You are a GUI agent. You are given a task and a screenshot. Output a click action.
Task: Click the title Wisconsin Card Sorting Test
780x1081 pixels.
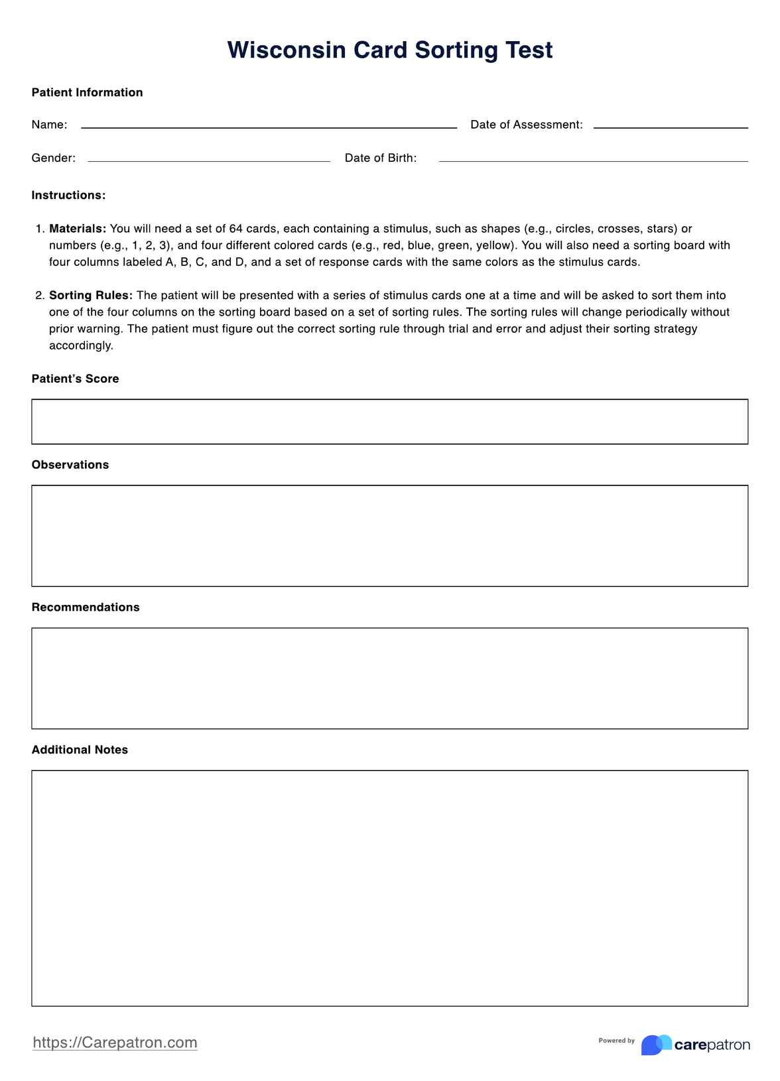(389, 50)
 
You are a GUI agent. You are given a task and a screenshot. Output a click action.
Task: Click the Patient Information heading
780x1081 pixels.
(87, 92)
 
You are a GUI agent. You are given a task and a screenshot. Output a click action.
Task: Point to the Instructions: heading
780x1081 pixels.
(68, 195)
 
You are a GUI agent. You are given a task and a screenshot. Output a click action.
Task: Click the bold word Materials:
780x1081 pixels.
(78, 229)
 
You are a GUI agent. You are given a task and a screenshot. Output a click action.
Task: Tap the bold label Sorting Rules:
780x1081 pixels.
(91, 295)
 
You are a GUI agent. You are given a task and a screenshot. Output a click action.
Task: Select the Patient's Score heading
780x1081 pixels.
(75, 379)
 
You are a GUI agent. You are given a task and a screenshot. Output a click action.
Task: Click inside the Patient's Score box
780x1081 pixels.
(389, 422)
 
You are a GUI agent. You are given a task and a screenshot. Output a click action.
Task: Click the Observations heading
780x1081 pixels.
(70, 465)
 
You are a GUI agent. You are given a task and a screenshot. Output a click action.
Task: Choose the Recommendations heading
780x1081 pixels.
(86, 607)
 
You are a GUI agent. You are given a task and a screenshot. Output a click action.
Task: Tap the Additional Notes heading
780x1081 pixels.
(80, 750)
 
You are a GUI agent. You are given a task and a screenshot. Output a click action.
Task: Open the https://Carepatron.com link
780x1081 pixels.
(115, 1043)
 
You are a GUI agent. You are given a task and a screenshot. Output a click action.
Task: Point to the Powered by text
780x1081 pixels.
(616, 1041)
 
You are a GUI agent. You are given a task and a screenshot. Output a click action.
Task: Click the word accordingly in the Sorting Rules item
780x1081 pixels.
(81, 346)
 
